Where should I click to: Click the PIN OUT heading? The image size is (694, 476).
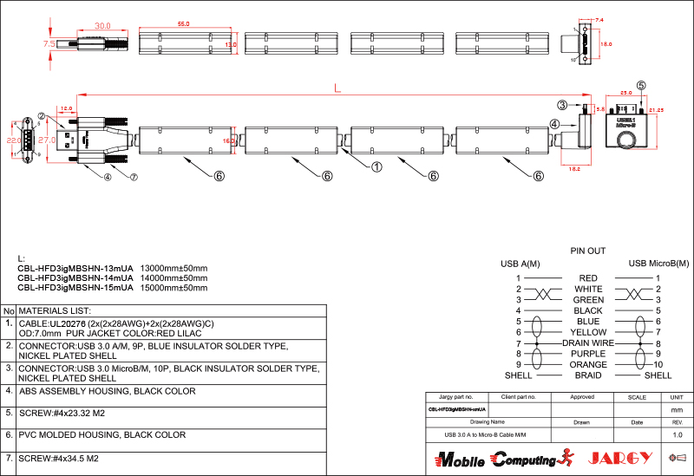(x=587, y=251)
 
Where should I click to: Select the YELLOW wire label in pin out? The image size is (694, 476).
(x=588, y=332)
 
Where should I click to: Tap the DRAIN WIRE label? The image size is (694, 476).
(x=588, y=343)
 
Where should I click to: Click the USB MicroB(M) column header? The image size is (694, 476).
(x=658, y=264)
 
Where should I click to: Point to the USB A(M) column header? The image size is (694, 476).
(x=520, y=264)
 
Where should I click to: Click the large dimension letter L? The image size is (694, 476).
(x=337, y=88)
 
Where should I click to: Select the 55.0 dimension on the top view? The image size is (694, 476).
(x=184, y=24)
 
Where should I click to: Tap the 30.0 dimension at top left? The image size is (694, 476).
(x=103, y=26)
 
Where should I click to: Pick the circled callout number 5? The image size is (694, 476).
(x=641, y=86)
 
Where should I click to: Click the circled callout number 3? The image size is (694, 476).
(x=562, y=105)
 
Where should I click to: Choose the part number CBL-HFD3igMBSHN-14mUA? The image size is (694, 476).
(x=75, y=277)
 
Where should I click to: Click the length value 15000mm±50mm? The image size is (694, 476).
(x=174, y=287)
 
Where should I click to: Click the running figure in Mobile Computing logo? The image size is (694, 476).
(x=568, y=456)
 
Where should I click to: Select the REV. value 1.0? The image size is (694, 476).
(x=678, y=434)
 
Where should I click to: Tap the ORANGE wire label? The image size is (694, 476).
(x=588, y=365)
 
